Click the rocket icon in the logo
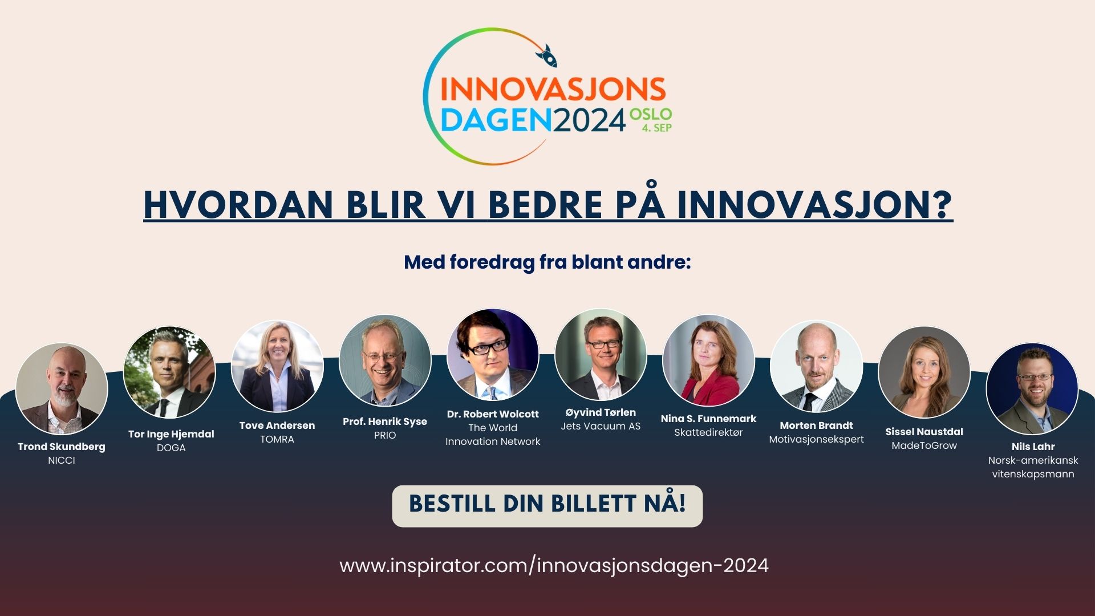click(x=546, y=56)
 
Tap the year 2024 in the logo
click(x=589, y=120)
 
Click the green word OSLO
click(x=651, y=114)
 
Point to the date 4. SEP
click(x=657, y=128)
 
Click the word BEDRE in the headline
click(x=545, y=204)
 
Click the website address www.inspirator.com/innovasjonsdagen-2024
click(x=554, y=566)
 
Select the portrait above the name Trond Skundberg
click(x=62, y=389)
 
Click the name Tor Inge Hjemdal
click(x=171, y=434)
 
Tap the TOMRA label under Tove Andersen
click(x=277, y=439)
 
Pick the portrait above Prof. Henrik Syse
click(x=385, y=360)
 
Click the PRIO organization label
click(x=385, y=435)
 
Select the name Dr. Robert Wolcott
click(x=493, y=414)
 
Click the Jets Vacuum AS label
click(x=601, y=426)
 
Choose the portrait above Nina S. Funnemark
click(x=708, y=360)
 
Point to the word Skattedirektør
click(x=708, y=432)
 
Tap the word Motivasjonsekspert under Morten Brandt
click(x=816, y=440)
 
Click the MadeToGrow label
click(x=924, y=445)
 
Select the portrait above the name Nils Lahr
click(x=1032, y=389)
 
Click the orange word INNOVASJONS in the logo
click(x=553, y=90)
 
